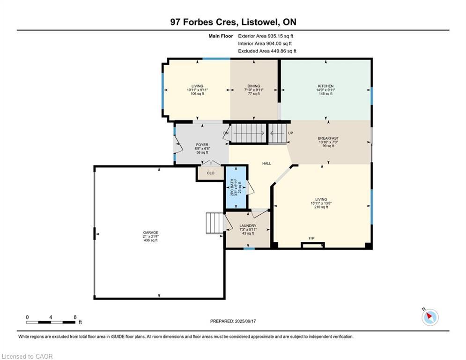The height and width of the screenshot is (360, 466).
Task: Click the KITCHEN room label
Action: [325, 86]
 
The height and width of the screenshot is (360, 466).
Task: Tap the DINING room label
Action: [254, 86]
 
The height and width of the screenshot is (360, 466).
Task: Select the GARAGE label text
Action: [151, 232]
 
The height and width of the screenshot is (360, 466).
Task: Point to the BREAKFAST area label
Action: [328, 138]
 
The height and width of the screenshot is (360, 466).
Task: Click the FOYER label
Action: [202, 145]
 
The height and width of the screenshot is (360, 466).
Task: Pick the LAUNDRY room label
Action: [248, 226]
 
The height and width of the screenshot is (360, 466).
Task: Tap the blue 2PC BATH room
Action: [236, 187]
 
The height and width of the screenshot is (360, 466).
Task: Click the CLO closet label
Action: [211, 173]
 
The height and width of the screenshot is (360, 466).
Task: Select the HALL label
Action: [266, 163]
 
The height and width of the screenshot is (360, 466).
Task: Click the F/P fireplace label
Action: [311, 238]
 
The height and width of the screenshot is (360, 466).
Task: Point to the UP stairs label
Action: [291, 133]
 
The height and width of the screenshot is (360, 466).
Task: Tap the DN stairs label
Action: [226, 133]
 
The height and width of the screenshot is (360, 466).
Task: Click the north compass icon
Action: [430, 317]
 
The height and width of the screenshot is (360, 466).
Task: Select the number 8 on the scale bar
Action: [75, 317]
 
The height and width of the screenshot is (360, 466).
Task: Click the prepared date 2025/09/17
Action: [245, 321]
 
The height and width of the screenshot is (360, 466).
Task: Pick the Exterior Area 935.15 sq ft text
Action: [266, 36]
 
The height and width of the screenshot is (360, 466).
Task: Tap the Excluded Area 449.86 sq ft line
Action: [267, 51]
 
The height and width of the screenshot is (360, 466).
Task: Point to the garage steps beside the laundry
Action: [215, 223]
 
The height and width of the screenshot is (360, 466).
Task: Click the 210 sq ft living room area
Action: [321, 207]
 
